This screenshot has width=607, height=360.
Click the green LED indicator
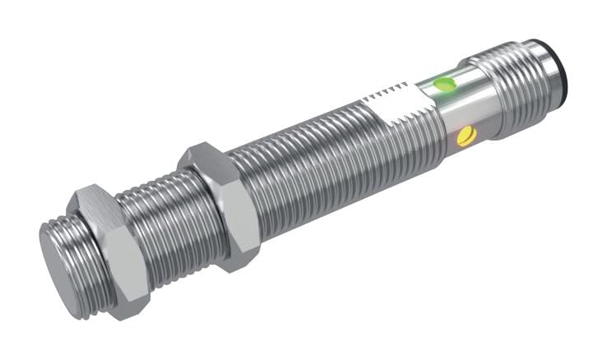coord(445,83)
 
